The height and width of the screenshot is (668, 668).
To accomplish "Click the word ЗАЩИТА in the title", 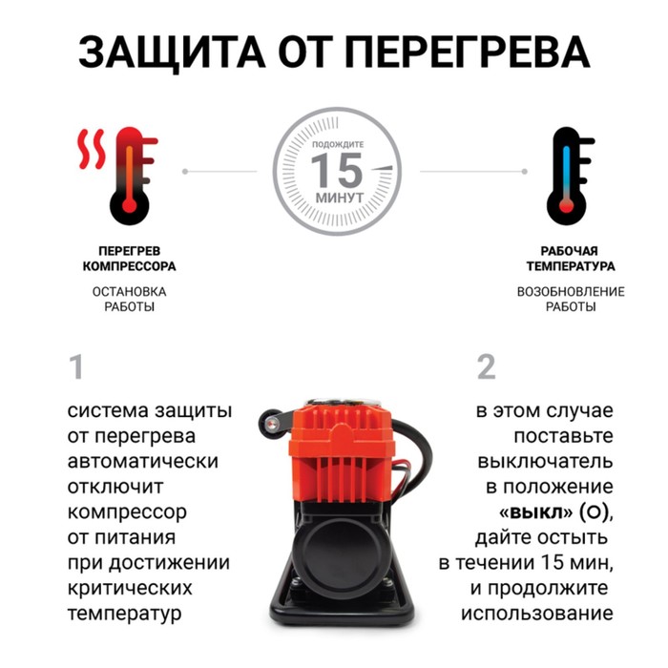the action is tap(172, 52).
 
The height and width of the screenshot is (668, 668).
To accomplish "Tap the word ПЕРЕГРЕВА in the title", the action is tap(468, 52).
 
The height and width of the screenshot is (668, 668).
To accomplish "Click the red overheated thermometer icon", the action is tap(133, 176).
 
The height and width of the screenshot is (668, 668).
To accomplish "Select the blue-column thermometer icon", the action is tap(570, 176).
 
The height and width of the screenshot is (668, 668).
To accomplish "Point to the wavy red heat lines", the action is tap(92, 149).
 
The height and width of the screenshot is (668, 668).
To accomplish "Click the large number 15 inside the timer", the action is tap(337, 171).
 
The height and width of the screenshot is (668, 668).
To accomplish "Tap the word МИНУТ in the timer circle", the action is tap(340, 198).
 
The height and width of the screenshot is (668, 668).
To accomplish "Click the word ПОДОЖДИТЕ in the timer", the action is tap(338, 144).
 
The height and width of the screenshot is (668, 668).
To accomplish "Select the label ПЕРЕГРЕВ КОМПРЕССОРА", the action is tap(129, 259).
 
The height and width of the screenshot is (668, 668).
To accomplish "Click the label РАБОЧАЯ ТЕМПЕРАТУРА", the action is tap(571, 259).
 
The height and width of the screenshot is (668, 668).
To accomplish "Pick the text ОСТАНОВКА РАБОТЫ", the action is tap(129, 299).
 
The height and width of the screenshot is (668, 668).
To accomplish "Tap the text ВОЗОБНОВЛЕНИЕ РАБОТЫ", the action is tap(571, 299).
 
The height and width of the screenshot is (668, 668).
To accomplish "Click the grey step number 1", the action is tap(76, 366).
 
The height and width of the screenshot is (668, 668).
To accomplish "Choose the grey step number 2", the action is tap(487, 366).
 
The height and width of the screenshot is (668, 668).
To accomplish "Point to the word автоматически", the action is tap(143, 462).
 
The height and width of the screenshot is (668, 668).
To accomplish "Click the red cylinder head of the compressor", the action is tap(342, 452).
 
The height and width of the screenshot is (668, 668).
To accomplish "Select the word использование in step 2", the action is tap(536, 614).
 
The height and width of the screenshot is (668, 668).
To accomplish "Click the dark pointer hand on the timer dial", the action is tap(382, 168).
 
